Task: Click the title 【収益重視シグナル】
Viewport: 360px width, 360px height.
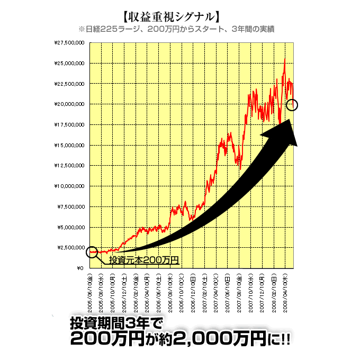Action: [172, 15]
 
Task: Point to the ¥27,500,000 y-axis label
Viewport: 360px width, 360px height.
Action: [69, 43]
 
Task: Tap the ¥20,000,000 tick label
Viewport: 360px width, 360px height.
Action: [69, 104]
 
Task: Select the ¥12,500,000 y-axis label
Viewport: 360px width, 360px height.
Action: [69, 166]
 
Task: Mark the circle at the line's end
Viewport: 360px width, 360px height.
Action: [292, 105]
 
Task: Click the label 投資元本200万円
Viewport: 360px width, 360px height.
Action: [144, 260]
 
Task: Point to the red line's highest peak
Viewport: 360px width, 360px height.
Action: [285, 58]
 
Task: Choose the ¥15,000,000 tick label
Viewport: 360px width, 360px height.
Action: [69, 145]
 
